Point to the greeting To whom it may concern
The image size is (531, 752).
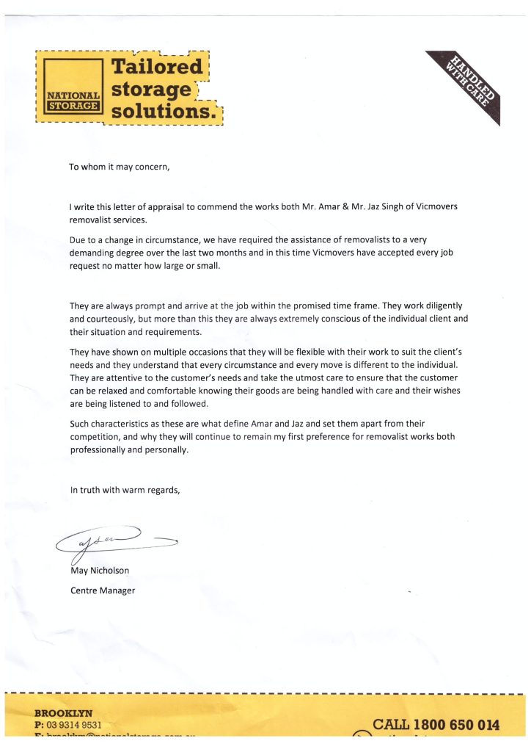(x=120, y=167)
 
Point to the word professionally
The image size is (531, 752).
(x=101, y=450)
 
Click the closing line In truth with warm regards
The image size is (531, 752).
(x=125, y=489)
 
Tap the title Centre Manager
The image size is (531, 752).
(x=103, y=590)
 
